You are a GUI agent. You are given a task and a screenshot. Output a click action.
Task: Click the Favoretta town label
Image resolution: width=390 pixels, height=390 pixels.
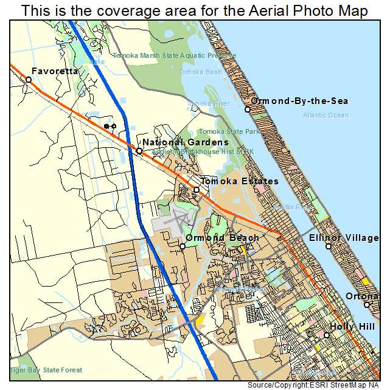click(x=55, y=71)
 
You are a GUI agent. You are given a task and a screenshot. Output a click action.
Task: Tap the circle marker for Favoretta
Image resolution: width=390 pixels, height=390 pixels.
click(x=29, y=80)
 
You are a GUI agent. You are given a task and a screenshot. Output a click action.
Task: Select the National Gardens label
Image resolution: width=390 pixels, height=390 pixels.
click(x=177, y=142)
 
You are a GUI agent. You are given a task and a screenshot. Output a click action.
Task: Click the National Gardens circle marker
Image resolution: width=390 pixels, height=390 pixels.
click(x=139, y=151)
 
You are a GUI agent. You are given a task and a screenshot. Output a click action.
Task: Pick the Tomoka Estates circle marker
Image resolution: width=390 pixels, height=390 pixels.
click(x=197, y=190)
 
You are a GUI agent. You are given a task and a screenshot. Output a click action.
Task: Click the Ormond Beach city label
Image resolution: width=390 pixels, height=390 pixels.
click(x=223, y=238)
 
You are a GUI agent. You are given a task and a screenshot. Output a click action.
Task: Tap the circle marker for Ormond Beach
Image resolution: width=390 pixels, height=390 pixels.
click(x=183, y=246)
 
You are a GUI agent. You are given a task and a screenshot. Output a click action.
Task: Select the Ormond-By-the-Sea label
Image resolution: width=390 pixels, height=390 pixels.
click(x=300, y=100)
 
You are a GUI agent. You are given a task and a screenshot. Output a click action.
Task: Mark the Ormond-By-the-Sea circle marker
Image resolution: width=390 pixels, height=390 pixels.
click(x=248, y=110)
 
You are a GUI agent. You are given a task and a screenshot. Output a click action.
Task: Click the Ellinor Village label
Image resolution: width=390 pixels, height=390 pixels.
click(x=344, y=238)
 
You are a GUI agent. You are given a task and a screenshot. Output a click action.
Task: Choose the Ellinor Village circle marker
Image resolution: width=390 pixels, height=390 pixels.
click(x=328, y=246)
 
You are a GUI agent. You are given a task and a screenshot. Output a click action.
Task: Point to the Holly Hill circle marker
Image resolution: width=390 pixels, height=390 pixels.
click(x=327, y=335)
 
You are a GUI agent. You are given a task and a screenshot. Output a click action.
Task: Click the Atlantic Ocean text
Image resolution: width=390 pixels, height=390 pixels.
click(x=326, y=115)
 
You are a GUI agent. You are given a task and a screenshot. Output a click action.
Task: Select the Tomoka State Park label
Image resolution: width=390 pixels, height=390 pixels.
click(x=230, y=131)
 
